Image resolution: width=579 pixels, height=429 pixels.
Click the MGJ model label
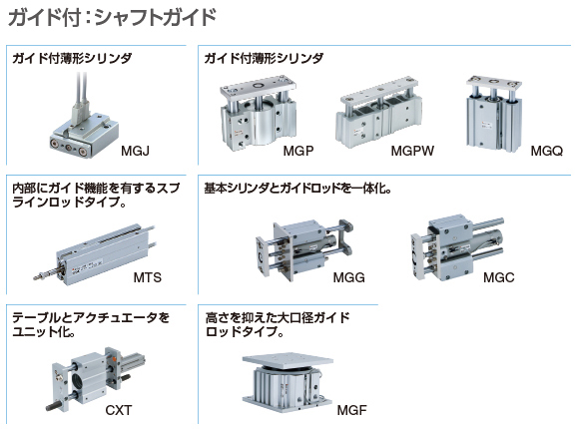click(135, 151)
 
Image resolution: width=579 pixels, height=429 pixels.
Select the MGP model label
click(298, 151)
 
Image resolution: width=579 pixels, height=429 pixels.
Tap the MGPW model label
click(412, 151)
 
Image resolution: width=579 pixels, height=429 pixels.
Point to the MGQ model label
click(547, 151)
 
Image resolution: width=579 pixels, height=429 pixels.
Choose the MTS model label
click(148, 277)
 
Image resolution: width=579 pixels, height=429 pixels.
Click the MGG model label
click(349, 277)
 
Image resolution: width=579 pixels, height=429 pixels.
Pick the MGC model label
click(499, 277)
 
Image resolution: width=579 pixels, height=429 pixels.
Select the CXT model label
click(119, 410)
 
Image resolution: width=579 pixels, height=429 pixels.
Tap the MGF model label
click(352, 410)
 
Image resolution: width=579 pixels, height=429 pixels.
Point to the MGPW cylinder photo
click(378, 114)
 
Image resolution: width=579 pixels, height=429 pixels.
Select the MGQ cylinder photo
click(494, 113)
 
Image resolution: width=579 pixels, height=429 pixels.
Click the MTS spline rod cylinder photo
click(94, 255)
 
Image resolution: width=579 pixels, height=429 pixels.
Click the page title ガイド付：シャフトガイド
click(112, 17)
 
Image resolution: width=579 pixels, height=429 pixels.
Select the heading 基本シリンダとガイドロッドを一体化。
click(297, 189)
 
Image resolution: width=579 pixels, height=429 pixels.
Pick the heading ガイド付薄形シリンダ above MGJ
click(72, 58)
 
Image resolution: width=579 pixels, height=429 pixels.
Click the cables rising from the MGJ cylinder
click(81, 93)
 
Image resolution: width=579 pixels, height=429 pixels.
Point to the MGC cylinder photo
click(457, 247)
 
